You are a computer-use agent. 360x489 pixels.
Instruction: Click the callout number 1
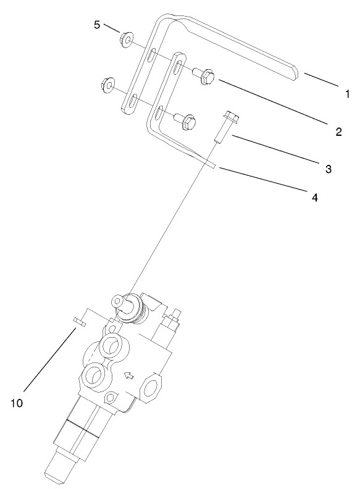pyautogui.click(x=348, y=94)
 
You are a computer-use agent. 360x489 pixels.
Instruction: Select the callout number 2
pyautogui.click(x=338, y=131)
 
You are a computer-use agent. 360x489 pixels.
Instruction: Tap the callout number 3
pyautogui.click(x=329, y=168)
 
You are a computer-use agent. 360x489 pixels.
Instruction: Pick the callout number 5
pyautogui.click(x=96, y=25)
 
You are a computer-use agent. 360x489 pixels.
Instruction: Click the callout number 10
pyautogui.click(x=17, y=403)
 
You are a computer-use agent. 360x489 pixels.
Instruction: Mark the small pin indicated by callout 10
pyautogui.click(x=78, y=320)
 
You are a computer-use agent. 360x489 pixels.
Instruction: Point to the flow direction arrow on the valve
pyautogui.click(x=128, y=374)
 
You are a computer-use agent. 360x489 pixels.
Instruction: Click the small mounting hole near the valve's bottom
pyautogui.click(x=111, y=398)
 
